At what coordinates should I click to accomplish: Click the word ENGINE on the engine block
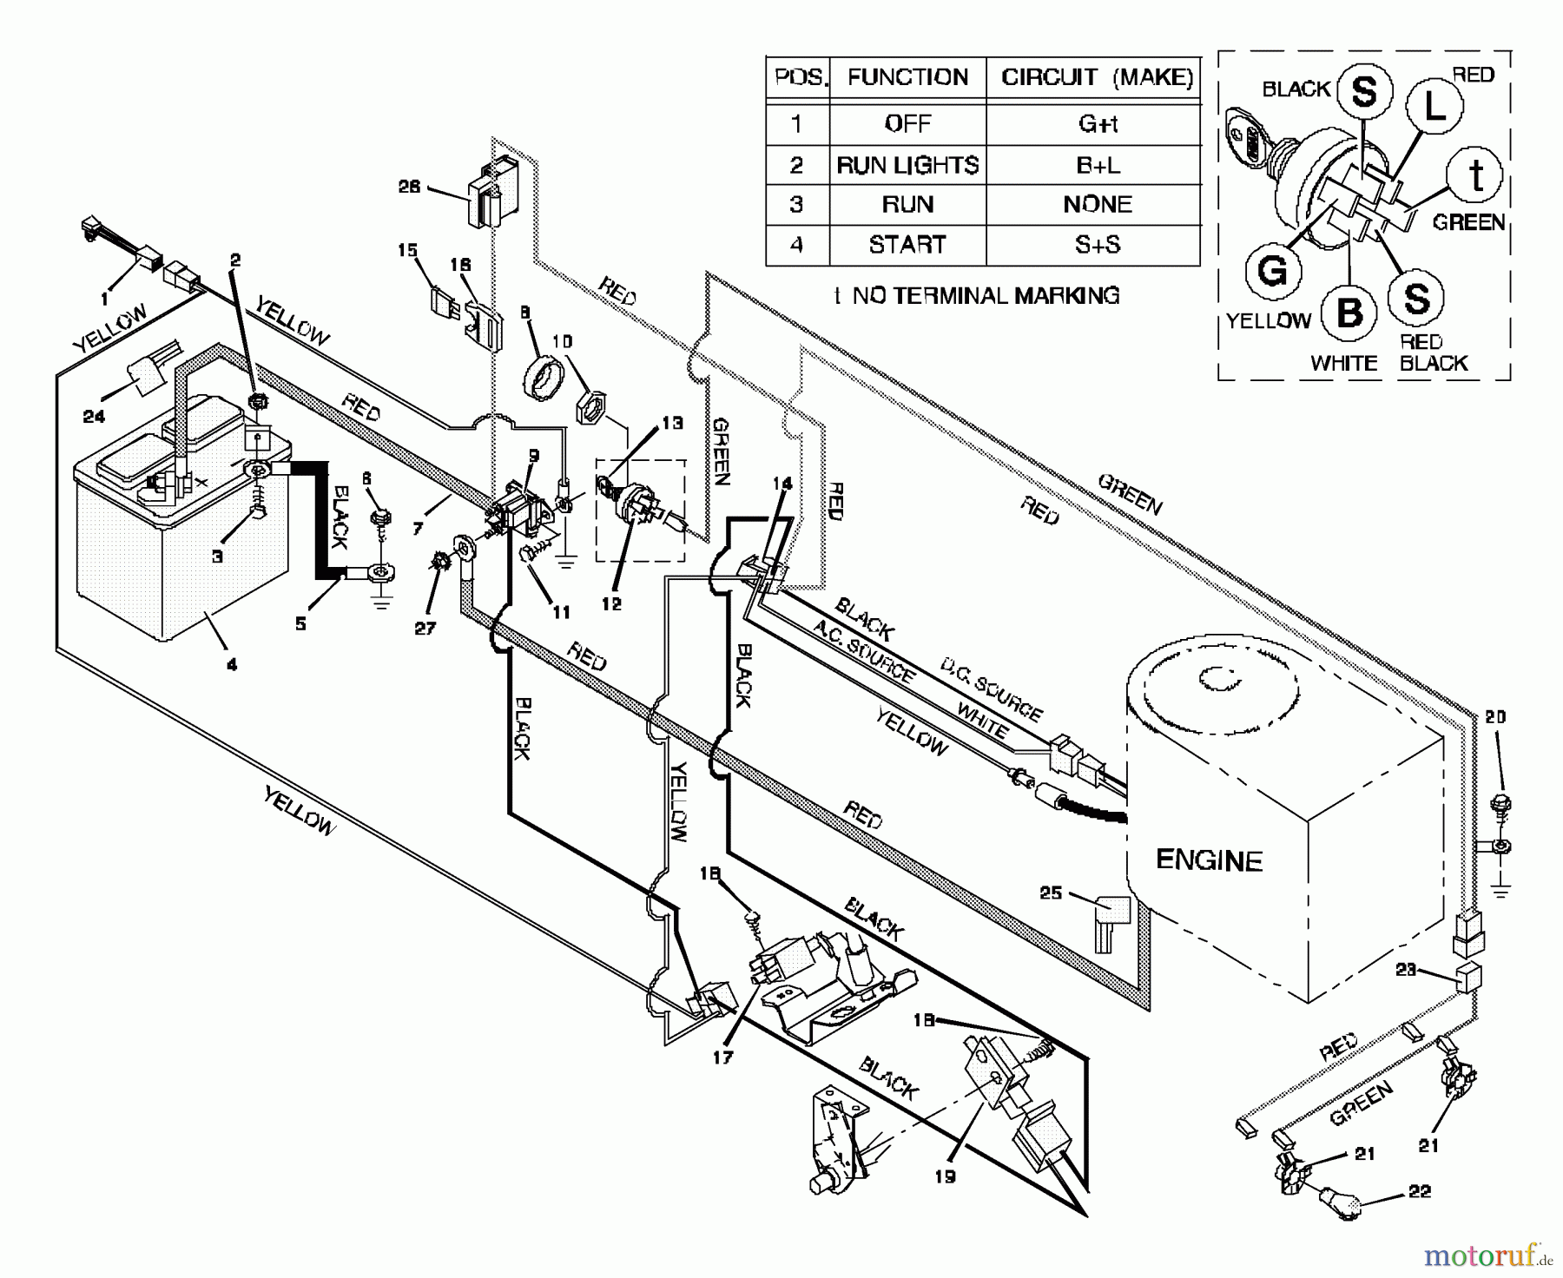coord(1209,860)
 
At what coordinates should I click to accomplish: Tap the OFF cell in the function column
coord(907,124)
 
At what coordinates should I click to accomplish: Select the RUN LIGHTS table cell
coord(907,165)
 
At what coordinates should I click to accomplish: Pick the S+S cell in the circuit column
coord(1097,245)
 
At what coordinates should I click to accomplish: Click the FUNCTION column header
coord(907,77)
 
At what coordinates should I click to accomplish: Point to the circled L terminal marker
coord(1435,106)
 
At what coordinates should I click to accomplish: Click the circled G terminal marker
coord(1272,272)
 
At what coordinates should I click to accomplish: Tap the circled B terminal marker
coord(1349,313)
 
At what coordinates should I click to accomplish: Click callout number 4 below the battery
coord(231,664)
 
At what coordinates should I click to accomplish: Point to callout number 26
coord(409,187)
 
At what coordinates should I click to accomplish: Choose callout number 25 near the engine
coord(1051,893)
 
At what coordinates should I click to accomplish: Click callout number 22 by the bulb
coord(1419,1191)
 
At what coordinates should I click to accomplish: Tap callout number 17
coord(722,1057)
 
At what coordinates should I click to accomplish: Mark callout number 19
coord(945,1176)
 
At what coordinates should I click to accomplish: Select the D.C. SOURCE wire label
coord(991,690)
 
